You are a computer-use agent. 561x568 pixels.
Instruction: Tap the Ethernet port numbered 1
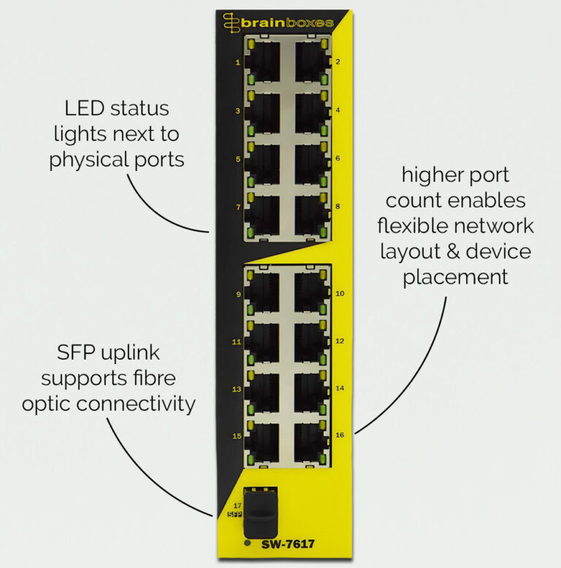coord(263,62)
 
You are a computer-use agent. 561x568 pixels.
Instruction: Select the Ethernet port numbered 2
coord(310,62)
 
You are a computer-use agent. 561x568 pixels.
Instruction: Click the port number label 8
coord(337,207)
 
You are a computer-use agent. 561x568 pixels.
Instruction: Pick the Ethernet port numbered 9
coord(263,292)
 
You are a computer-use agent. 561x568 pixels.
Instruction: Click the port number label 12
coord(340,341)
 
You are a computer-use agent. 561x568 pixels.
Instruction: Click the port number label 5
coord(237,159)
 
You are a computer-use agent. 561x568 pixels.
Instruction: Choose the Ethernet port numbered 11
coord(263,341)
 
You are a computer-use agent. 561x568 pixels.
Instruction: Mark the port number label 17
coord(237,505)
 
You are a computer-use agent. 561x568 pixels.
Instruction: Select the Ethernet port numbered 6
coord(310,159)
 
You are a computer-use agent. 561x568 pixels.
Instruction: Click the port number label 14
coord(340,389)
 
